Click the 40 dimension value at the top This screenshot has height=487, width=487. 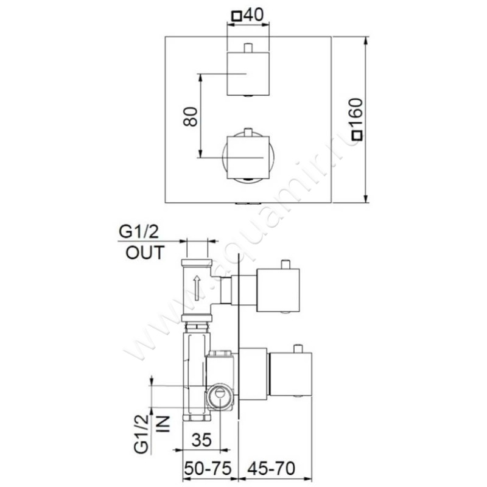tap(253, 15)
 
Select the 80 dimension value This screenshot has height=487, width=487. tap(191, 116)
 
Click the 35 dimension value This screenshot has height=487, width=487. tap(201, 440)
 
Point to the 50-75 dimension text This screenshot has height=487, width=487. tap(208, 468)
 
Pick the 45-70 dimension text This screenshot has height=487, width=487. tap(271, 468)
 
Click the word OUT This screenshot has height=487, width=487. tap(145, 253)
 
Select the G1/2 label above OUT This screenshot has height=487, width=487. tap(138, 232)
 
